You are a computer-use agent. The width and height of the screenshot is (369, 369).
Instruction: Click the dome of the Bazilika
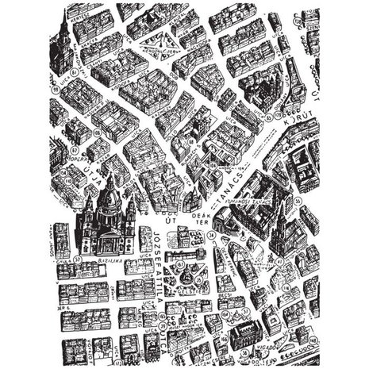pos(110,193)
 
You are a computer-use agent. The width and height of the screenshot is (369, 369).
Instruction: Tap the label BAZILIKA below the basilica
pos(94,259)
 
